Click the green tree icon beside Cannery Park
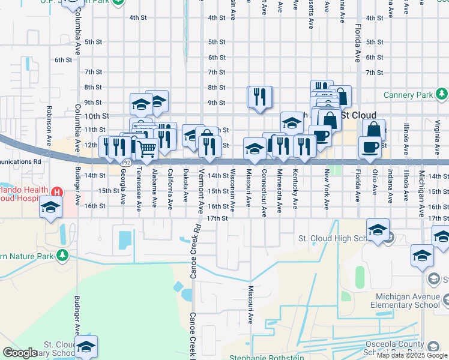point(442,94)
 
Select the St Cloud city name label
point(359,115)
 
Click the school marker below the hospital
point(50,208)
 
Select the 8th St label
point(216,88)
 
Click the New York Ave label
point(327,189)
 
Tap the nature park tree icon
point(62,256)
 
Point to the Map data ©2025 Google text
point(412,355)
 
